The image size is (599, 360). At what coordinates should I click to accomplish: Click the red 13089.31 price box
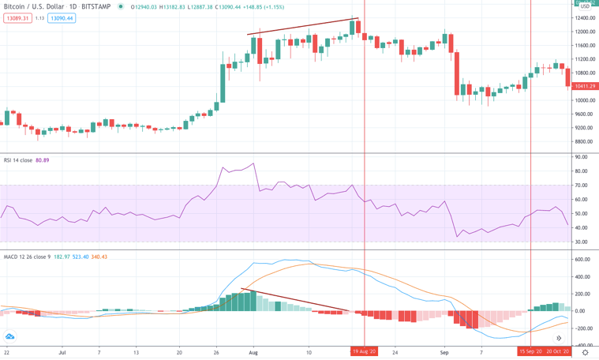[x=17, y=18]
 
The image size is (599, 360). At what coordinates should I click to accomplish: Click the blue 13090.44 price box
[x=61, y=18]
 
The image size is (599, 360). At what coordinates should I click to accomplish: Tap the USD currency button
[x=584, y=8]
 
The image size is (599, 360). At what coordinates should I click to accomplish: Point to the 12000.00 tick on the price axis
[x=585, y=32]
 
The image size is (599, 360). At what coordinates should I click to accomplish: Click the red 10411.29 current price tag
[x=585, y=86]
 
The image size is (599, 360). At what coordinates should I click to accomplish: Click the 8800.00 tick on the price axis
[x=585, y=142]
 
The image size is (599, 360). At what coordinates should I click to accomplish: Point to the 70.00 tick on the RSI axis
[x=582, y=186]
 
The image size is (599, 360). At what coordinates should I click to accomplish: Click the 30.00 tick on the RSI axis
[x=582, y=241]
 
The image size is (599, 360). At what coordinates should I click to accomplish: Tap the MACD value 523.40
[x=80, y=257]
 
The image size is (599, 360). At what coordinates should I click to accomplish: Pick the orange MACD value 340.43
[x=99, y=257]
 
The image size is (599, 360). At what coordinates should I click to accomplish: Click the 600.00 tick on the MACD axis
[x=583, y=260]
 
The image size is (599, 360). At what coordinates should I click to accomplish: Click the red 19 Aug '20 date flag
[x=365, y=352]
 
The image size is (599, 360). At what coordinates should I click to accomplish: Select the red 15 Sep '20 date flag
[x=530, y=352]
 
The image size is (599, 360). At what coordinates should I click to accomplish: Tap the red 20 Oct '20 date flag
[x=558, y=352]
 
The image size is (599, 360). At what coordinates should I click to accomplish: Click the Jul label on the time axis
[x=62, y=352]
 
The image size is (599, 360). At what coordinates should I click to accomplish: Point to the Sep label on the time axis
[x=444, y=352]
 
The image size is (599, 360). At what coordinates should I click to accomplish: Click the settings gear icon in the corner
[x=585, y=352]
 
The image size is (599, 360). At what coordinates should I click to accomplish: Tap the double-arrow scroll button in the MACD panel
[x=9, y=337]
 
